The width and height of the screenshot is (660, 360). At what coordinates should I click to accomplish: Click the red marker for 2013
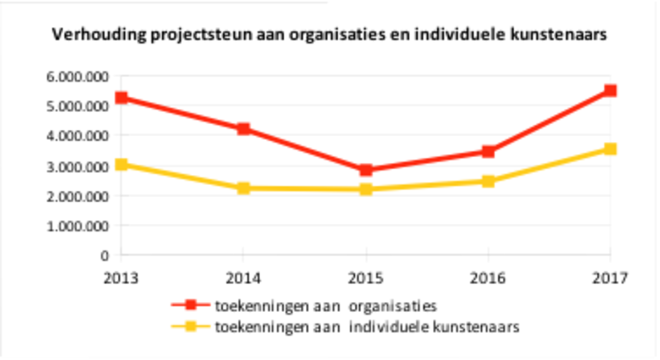click(121, 98)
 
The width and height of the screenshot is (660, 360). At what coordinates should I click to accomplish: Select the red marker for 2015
click(366, 170)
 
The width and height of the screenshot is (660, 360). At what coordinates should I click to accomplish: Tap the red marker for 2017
click(609, 90)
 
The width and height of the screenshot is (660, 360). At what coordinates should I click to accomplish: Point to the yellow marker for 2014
click(243, 189)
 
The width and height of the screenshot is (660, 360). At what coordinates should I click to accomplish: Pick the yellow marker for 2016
click(488, 181)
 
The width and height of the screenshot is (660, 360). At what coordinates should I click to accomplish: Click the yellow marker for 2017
click(609, 149)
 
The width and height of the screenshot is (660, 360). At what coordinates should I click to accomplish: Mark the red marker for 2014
click(243, 129)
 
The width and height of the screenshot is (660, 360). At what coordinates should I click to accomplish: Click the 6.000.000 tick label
click(78, 76)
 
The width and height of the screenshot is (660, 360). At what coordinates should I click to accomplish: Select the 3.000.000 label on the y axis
click(78, 166)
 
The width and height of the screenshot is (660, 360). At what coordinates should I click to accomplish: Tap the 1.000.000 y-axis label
click(78, 226)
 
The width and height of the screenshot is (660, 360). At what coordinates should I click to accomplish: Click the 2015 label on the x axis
click(366, 278)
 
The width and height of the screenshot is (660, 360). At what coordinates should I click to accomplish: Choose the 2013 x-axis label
click(121, 278)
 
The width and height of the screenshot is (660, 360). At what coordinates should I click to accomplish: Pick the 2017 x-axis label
click(609, 278)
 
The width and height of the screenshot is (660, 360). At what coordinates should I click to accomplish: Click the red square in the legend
click(190, 305)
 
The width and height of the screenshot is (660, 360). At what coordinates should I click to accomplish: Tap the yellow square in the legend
click(190, 327)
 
